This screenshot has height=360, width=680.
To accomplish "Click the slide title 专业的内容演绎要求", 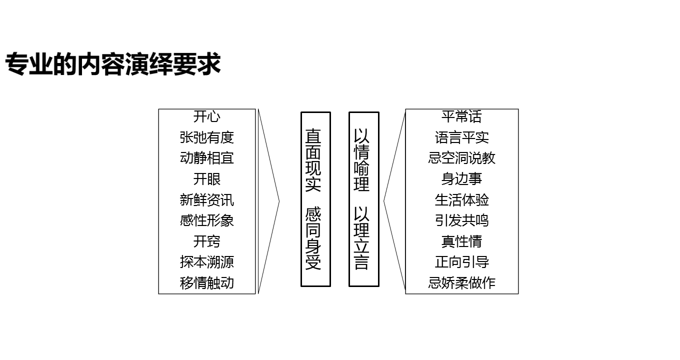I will click(x=113, y=65).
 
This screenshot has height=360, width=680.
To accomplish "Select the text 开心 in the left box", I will click(x=206, y=117).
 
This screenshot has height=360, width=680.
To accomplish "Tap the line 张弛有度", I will click(x=206, y=137).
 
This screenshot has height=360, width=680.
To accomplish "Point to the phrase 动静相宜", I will click(x=206, y=158).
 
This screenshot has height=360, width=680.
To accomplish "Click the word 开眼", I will click(x=206, y=179).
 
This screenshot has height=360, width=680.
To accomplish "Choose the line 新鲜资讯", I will click(x=206, y=200).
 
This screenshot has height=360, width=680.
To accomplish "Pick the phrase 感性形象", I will click(x=206, y=220).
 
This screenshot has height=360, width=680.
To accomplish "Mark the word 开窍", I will click(x=206, y=241).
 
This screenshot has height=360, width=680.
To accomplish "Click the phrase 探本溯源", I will click(x=206, y=262).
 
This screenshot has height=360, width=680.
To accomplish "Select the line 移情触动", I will click(x=206, y=283).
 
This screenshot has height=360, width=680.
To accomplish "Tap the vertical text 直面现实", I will click(x=313, y=160).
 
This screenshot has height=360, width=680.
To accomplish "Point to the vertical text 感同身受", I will click(x=313, y=238).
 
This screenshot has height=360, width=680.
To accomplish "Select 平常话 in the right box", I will click(x=461, y=117).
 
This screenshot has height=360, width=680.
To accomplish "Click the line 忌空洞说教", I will click(x=461, y=158).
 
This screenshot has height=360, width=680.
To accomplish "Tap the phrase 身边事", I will click(x=461, y=179).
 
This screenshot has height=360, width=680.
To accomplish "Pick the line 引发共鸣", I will click(x=461, y=220).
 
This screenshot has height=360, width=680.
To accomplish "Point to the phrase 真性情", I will click(x=461, y=241).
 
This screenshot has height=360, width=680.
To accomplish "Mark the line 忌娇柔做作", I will click(x=461, y=283).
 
